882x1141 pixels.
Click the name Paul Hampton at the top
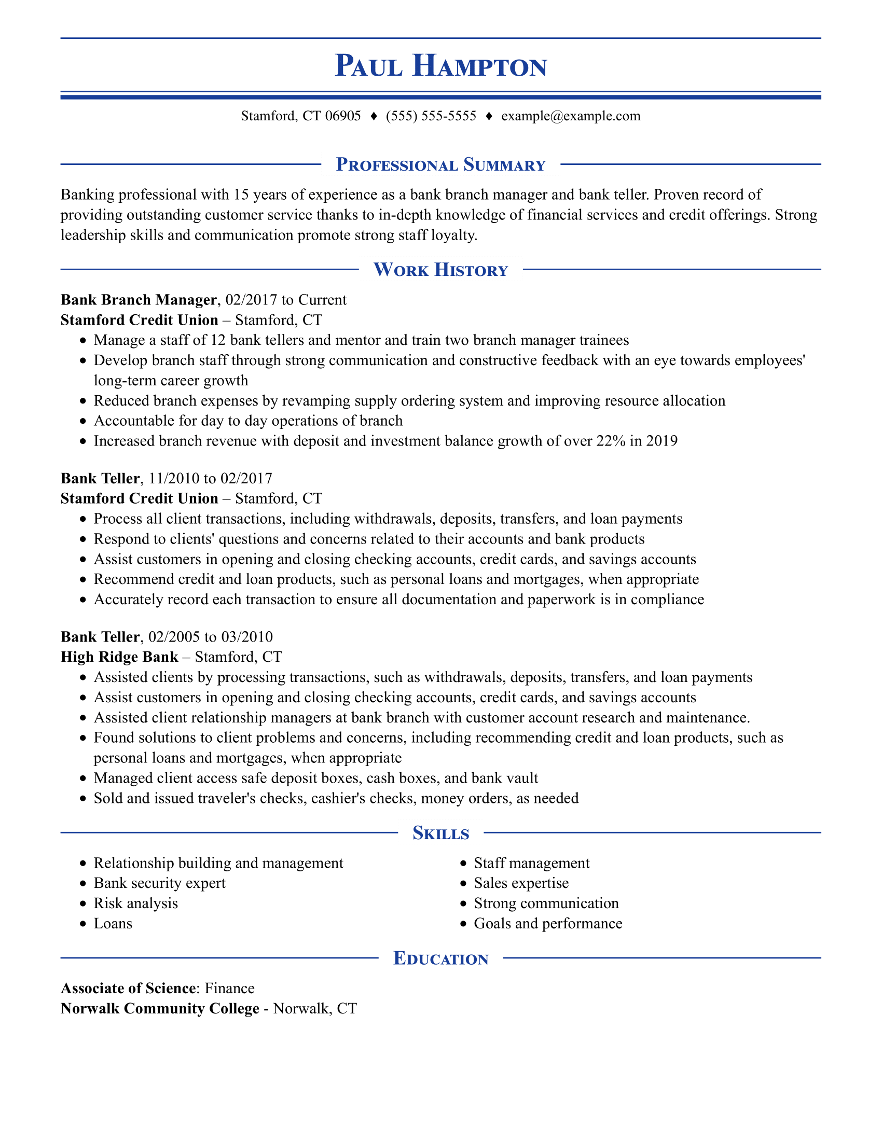[440, 66]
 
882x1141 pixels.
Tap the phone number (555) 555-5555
[431, 116]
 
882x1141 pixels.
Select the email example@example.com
[571, 116]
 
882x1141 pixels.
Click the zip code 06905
[343, 116]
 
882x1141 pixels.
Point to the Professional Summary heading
[440, 165]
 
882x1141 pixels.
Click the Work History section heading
[440, 270]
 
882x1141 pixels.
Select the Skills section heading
[440, 833]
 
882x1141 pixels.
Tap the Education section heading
[440, 958]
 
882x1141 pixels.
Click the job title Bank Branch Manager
[139, 300]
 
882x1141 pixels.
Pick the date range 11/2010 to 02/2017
[210, 479]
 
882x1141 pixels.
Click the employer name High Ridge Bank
[119, 657]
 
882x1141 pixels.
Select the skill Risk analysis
[136, 903]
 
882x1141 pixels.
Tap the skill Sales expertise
[521, 883]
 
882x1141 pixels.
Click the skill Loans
[113, 924]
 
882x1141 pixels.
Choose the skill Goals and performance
[547, 924]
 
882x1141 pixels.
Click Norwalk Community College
[160, 1009]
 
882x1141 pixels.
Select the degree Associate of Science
[128, 989]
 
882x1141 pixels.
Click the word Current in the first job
[322, 300]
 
